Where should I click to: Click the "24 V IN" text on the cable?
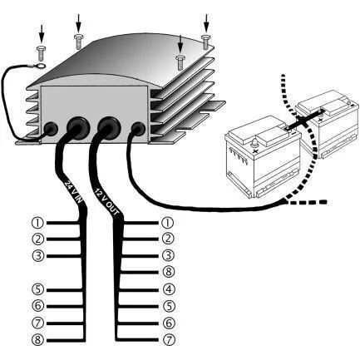[x=73, y=192]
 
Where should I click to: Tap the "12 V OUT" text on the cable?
[x=106, y=202]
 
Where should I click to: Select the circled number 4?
[x=169, y=289]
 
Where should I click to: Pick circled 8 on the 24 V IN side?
[x=38, y=340]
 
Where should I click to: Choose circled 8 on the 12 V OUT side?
[x=169, y=272]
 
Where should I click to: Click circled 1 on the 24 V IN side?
[x=37, y=223]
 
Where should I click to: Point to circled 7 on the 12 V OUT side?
[x=169, y=340]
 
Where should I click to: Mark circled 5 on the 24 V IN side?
[x=38, y=289]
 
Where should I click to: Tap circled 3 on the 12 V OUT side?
[x=169, y=255]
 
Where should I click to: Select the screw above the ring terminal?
[x=41, y=53]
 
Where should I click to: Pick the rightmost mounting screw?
[x=206, y=42]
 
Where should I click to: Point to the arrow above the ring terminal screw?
[x=42, y=32]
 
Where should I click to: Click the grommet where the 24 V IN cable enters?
[x=78, y=128]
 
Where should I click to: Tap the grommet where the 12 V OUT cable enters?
[x=109, y=127]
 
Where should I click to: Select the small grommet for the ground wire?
[x=51, y=129]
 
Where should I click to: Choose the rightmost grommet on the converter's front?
[x=138, y=129]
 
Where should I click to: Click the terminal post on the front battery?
[x=254, y=143]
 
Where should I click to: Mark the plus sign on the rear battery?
[x=321, y=120]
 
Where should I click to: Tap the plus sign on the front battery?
[x=256, y=151]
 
